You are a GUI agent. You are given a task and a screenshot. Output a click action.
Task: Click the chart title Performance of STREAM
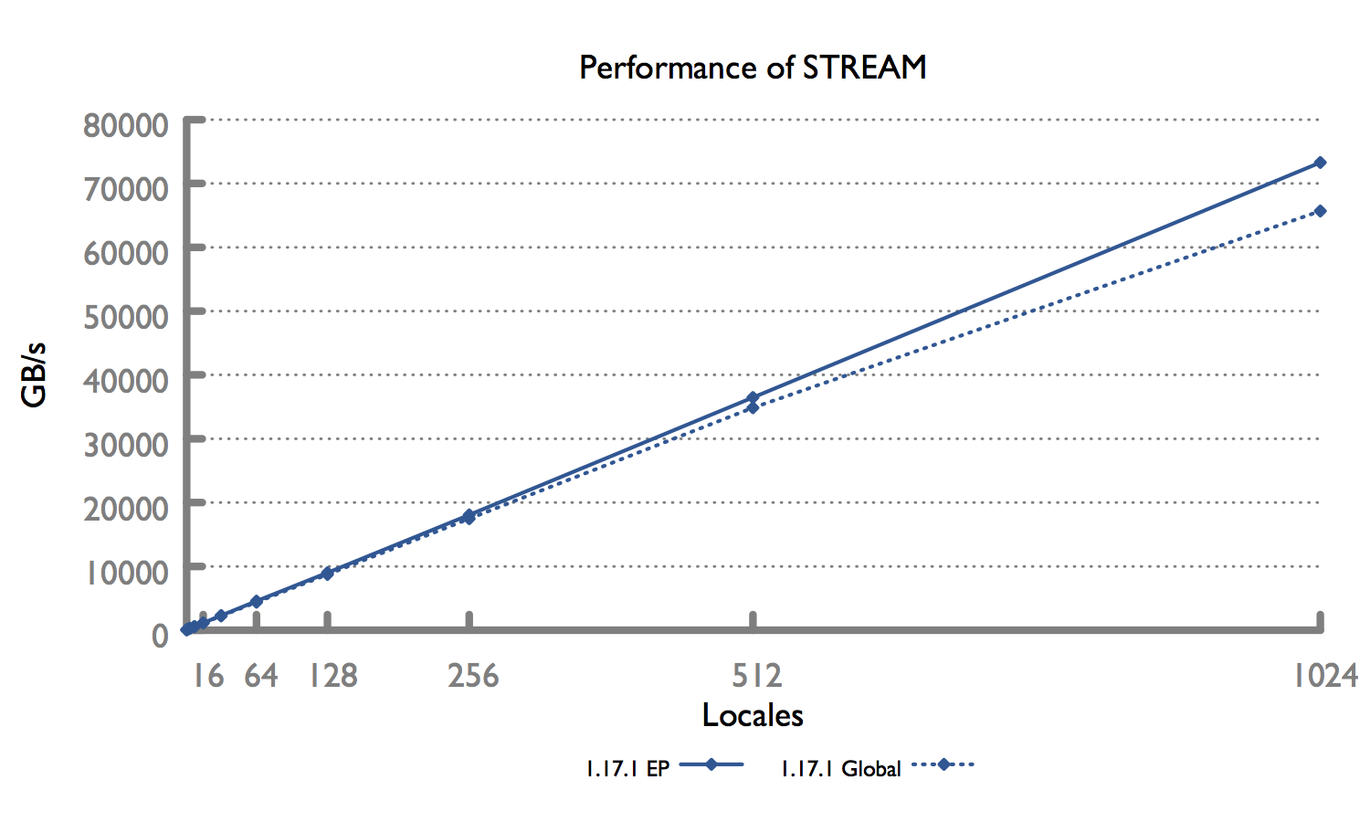click(x=753, y=68)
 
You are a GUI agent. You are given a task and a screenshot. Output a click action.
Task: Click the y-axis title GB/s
click(x=34, y=374)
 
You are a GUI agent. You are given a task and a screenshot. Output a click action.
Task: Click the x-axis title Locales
click(x=753, y=715)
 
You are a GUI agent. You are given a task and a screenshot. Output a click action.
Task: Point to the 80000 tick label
click(x=126, y=125)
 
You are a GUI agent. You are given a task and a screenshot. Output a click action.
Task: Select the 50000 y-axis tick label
click(x=126, y=317)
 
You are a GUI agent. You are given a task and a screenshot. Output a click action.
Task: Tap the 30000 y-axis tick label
click(x=126, y=445)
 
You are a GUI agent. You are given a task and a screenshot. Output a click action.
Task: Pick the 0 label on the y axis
click(x=160, y=635)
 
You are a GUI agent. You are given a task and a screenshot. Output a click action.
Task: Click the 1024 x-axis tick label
click(x=1324, y=676)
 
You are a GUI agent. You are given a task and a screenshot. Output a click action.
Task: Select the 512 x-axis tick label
click(x=757, y=676)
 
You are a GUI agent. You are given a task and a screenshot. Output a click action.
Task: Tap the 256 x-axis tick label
click(x=473, y=676)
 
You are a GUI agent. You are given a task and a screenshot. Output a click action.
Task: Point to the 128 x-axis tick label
click(x=332, y=676)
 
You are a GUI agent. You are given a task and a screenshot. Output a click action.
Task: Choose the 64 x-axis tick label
click(x=261, y=676)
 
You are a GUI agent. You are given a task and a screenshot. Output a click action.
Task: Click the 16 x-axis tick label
click(x=208, y=676)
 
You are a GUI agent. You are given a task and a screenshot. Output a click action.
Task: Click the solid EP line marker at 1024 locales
click(x=1320, y=163)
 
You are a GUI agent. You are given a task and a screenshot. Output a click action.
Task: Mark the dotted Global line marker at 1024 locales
click(x=1320, y=211)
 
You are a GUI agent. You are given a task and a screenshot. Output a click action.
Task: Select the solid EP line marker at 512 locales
click(x=753, y=397)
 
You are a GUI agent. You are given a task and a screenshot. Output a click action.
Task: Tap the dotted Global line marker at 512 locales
click(x=753, y=408)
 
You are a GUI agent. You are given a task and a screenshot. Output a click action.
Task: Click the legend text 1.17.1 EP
click(x=627, y=769)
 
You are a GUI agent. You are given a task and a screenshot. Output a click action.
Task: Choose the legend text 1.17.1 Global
click(x=840, y=769)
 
